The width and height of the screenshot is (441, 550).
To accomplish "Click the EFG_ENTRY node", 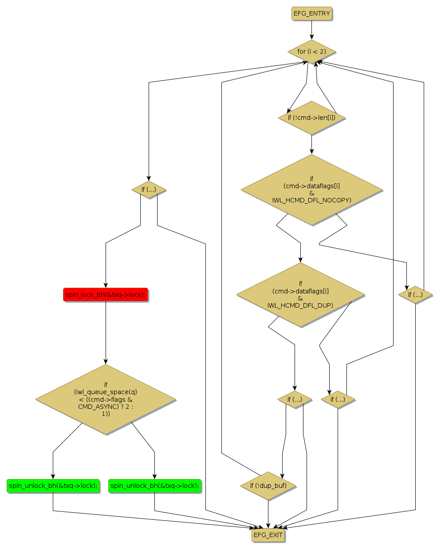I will (x=311, y=13).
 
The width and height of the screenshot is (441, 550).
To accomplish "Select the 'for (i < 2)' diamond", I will (x=311, y=51).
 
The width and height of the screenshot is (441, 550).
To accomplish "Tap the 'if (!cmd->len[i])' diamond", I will (x=311, y=118).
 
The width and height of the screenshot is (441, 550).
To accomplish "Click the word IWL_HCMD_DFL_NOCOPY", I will (x=311, y=200).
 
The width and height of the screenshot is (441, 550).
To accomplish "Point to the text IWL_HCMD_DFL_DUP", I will (x=300, y=305).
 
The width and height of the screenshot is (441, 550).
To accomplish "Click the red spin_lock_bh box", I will (x=106, y=295).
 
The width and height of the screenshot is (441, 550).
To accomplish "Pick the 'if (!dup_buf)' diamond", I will (x=268, y=486).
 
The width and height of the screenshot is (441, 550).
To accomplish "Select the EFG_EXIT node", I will (x=268, y=535).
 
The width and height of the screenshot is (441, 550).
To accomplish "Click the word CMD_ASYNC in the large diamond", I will (x=93, y=407).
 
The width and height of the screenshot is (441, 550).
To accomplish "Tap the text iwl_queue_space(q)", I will (x=106, y=392).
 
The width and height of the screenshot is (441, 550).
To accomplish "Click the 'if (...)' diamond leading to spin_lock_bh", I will (x=149, y=190).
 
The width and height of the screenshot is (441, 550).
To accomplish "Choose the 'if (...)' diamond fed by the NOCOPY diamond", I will (x=415, y=295).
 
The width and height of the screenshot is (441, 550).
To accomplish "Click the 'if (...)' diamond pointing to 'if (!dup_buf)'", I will (x=295, y=400).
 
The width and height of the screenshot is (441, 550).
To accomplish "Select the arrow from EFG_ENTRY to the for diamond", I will (x=311, y=30).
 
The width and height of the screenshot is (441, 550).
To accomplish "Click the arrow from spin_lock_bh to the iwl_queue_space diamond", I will (x=106, y=333).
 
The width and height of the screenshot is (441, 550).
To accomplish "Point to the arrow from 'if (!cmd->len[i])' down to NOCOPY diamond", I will (x=311, y=144).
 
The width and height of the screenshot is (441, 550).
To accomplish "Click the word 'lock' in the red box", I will (x=136, y=295).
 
